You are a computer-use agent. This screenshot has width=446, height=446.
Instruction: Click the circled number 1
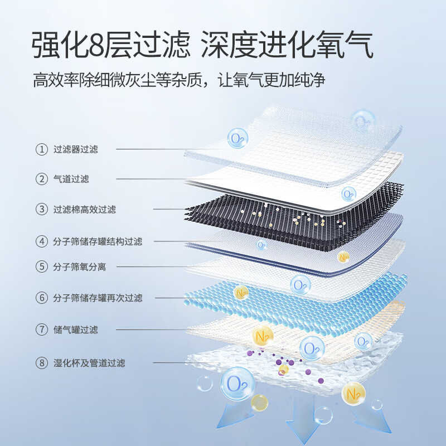[41, 149]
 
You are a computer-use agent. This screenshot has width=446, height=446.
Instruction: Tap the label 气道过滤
[71, 179]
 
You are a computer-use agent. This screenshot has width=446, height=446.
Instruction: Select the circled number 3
[41, 210]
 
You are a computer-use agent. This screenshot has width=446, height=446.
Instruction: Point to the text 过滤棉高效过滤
[84, 210]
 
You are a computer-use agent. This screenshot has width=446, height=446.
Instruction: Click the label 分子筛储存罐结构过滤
[98, 242]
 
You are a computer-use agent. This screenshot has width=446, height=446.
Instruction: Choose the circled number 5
[41, 267]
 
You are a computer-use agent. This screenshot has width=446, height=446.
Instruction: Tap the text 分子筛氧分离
[79, 267]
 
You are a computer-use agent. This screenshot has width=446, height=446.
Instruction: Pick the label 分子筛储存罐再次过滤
[98, 298]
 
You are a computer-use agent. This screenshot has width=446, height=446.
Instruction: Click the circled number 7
[41, 329]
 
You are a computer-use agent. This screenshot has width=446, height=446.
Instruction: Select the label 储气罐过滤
[75, 329]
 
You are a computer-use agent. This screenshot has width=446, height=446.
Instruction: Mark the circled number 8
[41, 363]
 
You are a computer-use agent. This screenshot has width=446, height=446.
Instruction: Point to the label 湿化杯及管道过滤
[89, 363]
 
